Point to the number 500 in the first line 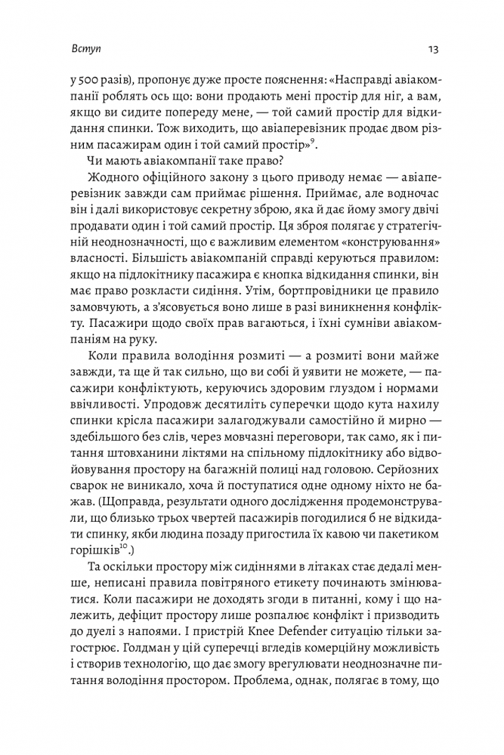click(x=88, y=79)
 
